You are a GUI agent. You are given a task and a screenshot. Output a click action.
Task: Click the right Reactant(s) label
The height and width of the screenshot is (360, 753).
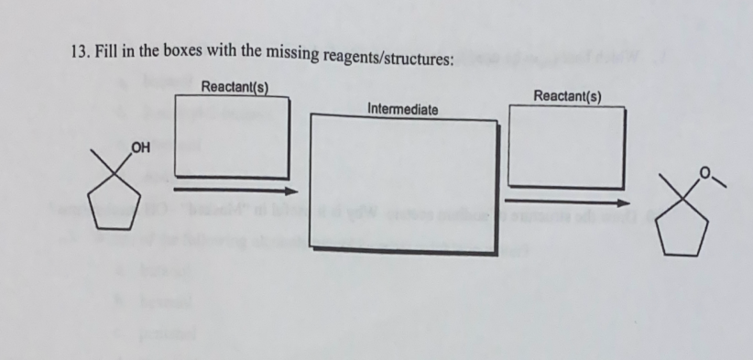(567, 96)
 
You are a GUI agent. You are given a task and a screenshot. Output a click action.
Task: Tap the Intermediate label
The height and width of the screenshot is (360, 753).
(402, 109)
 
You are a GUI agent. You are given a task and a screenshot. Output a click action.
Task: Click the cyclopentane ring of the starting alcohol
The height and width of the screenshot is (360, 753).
(123, 207)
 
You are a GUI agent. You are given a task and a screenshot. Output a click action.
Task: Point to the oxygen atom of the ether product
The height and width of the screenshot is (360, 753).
(704, 169)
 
